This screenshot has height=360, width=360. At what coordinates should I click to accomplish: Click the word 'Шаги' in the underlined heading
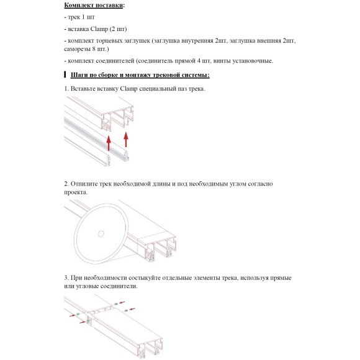[x=81, y=75]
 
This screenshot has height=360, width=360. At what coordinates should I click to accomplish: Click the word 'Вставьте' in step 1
[x=84, y=89]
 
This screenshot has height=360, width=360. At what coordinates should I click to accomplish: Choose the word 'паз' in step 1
[x=176, y=89]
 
